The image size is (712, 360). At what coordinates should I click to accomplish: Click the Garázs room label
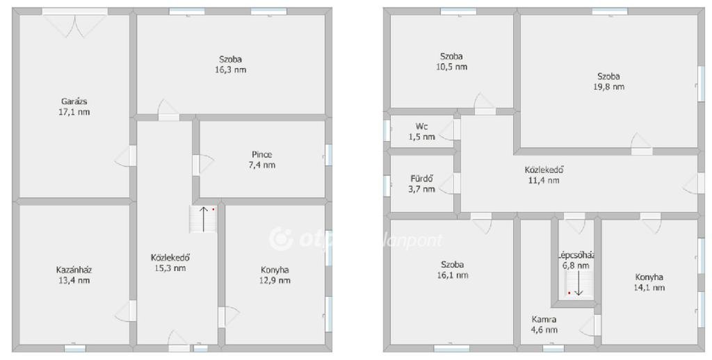point(74,101)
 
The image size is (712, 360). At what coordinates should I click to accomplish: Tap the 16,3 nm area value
point(231,70)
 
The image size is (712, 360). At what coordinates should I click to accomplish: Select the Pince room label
point(262,154)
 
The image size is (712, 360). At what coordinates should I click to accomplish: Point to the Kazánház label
point(74,270)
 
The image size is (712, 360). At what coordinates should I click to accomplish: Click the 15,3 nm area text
point(170,268)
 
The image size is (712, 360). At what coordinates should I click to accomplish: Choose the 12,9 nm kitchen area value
point(275,280)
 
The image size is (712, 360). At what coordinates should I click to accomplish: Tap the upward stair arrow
point(204,218)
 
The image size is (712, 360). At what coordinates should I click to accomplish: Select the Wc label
point(421,126)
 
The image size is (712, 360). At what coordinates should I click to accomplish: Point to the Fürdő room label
point(422,179)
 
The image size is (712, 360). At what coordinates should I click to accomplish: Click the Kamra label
point(544,320)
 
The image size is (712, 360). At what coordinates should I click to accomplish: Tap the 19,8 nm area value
point(608,87)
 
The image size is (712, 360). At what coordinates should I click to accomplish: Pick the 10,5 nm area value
point(451,67)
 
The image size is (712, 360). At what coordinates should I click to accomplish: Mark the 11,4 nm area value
point(544,180)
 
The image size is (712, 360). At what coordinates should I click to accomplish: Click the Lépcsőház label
point(576,255)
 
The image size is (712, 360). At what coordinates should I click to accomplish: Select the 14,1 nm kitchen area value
point(649,287)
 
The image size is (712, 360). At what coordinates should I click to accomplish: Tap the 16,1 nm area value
point(452,275)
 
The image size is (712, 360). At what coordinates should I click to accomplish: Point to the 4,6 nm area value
point(544,330)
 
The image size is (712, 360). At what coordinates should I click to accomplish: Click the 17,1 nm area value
point(74,112)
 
